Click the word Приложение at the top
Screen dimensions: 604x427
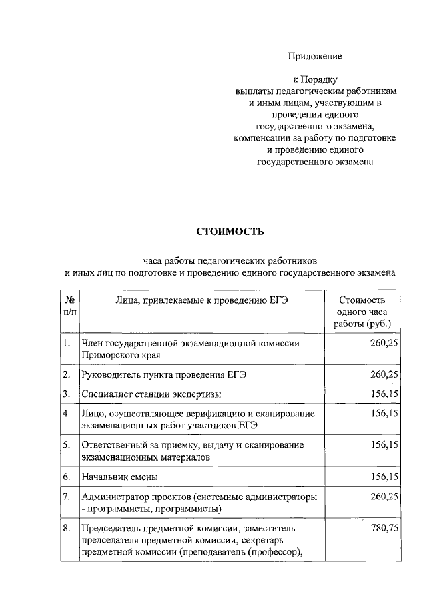click(315, 56)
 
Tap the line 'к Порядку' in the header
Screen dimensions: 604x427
click(315, 80)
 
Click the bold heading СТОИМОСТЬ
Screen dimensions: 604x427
click(230, 232)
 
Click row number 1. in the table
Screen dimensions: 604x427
click(67, 343)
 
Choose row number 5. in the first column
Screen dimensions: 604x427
click(67, 445)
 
